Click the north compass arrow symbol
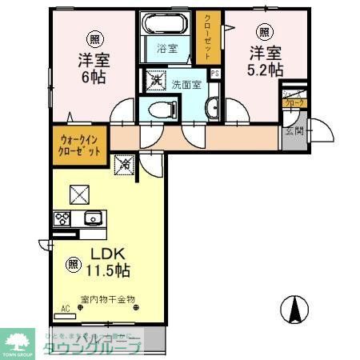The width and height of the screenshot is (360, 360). coord(296,308)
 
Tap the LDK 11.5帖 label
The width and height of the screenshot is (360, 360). coord(108,262)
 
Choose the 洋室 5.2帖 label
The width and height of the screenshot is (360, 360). coord(264,62)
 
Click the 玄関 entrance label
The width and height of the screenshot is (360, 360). coord(293,131)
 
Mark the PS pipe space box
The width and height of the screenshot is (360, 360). coord(214,75)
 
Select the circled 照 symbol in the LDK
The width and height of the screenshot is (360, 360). coord(74,262)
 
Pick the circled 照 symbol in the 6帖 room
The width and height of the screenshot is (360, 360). coord(94,39)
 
